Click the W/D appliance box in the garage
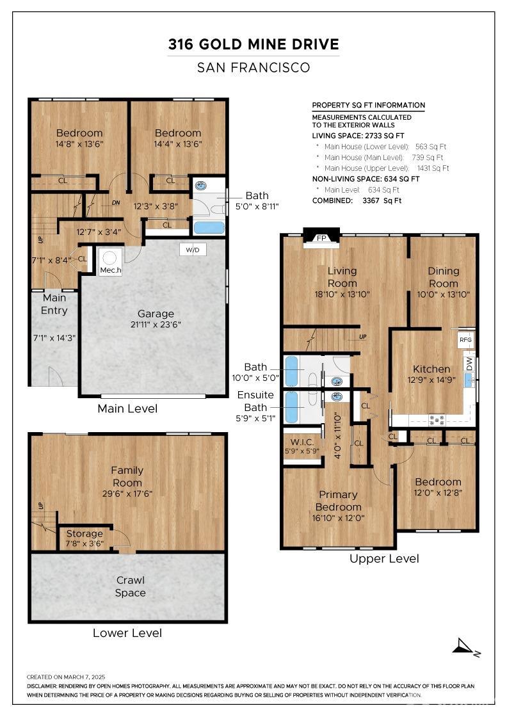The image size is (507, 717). (x=193, y=250)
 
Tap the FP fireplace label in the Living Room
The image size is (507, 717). (x=321, y=238)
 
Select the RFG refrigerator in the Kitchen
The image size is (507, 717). (x=465, y=340)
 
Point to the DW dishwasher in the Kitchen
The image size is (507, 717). (x=469, y=364)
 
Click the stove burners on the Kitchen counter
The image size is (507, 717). (x=437, y=420)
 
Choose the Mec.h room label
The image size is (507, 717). (x=111, y=270)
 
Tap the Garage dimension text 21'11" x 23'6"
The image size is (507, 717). (x=156, y=325)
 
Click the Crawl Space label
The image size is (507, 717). (x=131, y=586)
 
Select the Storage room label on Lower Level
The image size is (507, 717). (x=84, y=534)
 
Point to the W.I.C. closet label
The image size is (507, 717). (x=302, y=442)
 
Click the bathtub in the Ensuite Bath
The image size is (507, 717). (x=291, y=407)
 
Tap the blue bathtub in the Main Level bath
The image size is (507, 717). (x=209, y=228)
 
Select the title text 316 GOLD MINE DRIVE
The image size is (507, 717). (x=253, y=44)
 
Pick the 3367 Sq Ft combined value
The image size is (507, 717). (x=382, y=201)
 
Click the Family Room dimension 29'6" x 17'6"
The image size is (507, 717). (x=127, y=494)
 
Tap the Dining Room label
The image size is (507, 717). (x=443, y=277)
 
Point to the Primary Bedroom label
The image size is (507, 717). (x=338, y=501)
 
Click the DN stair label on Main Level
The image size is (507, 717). (x=116, y=202)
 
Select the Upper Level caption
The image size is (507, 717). (x=384, y=559)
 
